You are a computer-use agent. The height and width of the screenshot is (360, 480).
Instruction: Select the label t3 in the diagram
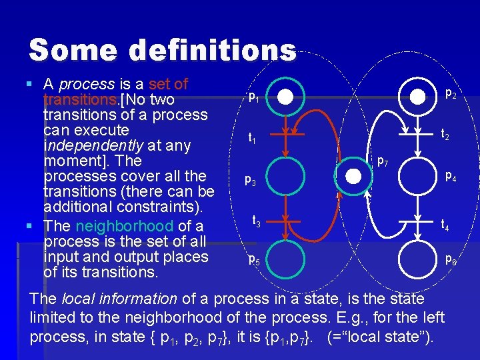256,219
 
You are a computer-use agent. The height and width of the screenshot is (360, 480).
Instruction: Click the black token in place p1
286,97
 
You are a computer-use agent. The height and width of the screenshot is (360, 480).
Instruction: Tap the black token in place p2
418,97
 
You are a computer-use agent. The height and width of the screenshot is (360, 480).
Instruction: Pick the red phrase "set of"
169,85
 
